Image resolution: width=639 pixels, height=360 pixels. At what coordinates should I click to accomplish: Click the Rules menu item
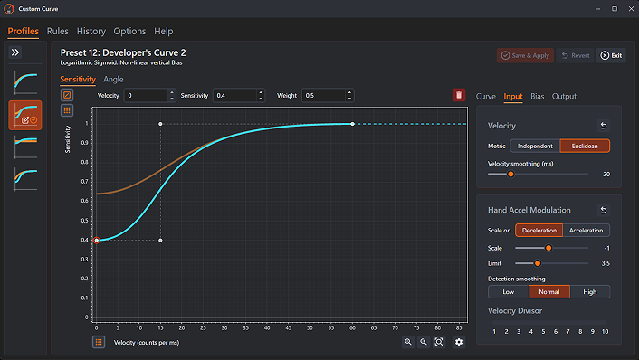(57, 32)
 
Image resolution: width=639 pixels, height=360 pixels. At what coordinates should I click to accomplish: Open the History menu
(91, 32)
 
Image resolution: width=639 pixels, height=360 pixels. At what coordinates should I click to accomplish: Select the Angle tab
(113, 79)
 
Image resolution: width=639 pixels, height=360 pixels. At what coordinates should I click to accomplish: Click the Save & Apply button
(525, 55)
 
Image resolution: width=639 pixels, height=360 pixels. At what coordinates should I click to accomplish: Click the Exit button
(611, 55)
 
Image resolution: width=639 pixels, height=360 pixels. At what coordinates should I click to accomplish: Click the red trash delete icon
(459, 95)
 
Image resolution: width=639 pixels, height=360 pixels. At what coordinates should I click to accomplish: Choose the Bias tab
(537, 96)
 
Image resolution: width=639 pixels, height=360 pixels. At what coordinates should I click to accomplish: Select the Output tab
(564, 96)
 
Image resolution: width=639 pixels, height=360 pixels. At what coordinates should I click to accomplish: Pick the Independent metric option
(535, 146)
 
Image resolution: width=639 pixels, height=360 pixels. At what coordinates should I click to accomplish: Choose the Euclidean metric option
(585, 146)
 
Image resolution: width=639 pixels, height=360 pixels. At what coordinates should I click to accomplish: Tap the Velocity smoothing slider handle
(510, 175)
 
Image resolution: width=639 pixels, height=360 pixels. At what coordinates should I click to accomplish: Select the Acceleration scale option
(586, 230)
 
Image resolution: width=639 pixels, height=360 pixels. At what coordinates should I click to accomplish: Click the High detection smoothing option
(590, 291)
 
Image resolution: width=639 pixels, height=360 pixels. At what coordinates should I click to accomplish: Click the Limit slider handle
(538, 263)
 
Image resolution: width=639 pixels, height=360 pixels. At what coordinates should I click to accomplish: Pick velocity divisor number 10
(606, 331)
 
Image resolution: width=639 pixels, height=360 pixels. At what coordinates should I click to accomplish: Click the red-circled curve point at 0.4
(97, 241)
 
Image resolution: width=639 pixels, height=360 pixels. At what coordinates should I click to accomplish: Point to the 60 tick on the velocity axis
(352, 327)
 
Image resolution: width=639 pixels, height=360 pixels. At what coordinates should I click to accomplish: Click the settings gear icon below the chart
(459, 342)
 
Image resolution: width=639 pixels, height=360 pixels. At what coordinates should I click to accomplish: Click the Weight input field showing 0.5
(324, 95)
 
